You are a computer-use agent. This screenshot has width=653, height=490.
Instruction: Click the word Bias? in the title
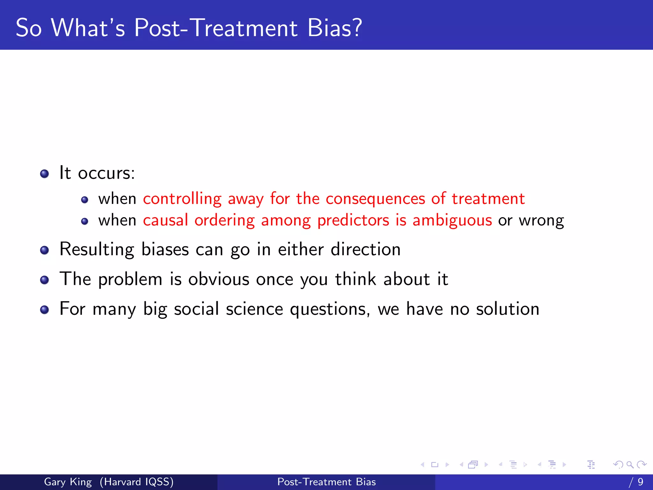tap(335, 28)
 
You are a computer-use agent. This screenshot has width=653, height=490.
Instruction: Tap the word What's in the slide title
tap(88, 28)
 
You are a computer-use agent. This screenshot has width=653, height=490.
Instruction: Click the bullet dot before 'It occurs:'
tap(45, 174)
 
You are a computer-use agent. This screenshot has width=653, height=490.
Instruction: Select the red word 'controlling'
tap(182, 199)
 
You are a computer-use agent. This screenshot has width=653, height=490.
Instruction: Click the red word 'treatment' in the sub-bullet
tap(488, 199)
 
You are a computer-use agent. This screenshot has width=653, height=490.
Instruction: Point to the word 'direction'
tap(365, 249)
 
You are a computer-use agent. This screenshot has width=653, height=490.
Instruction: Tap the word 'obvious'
tap(219, 279)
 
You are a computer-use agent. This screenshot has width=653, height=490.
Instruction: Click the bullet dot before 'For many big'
tap(45, 309)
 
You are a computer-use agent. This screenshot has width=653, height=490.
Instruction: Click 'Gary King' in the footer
tap(68, 482)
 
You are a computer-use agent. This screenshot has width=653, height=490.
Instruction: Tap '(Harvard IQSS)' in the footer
tap(136, 482)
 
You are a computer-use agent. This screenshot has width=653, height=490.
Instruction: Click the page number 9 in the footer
tap(640, 482)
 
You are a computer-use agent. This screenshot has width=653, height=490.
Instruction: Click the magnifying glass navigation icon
tap(630, 464)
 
